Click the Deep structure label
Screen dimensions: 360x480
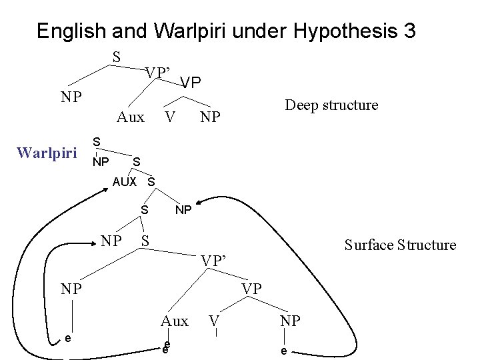331,105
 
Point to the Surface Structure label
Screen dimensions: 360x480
400,245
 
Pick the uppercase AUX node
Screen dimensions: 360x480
124,181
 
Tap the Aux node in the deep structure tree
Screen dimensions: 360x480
130,118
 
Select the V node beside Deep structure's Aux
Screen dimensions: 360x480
170,118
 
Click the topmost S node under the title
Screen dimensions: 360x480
116,57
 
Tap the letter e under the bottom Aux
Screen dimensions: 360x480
167,346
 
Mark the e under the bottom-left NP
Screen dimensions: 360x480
69,339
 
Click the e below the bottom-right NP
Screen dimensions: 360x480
284,351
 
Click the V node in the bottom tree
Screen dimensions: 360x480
214,321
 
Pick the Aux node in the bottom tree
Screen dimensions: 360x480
175,321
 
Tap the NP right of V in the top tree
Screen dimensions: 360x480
209,118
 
